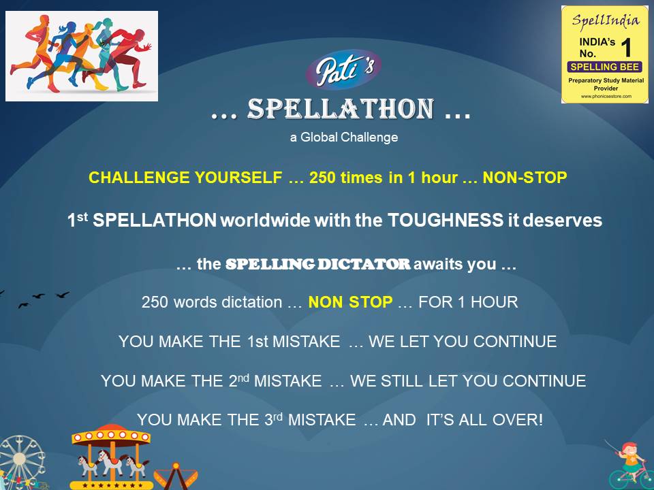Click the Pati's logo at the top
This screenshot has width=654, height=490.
pos(343,69)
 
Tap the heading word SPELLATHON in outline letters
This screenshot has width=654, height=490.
pos(341,109)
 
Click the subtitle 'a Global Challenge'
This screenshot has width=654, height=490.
pos(343,137)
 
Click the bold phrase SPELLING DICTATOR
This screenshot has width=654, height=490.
pos(317,265)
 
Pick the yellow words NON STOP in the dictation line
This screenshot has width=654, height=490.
pos(350,302)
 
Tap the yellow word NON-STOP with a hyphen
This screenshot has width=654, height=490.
pos(525,178)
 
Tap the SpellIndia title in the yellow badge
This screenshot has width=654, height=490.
pos(605,20)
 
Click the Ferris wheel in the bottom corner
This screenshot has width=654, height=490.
pos(20,463)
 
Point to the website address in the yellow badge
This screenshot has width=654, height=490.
pos(604,97)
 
